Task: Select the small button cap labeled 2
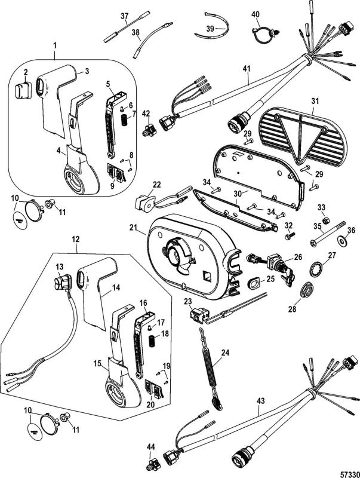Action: point(22,91)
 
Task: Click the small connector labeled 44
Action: point(152,462)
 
